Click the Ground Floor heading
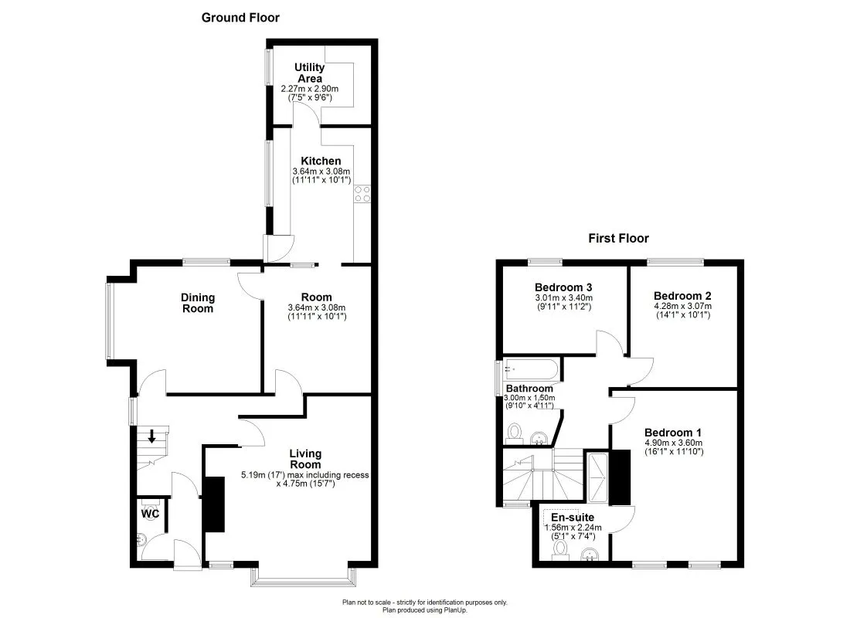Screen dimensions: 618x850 pyautogui.click(x=240, y=17)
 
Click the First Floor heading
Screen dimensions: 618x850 pyautogui.click(x=618, y=239)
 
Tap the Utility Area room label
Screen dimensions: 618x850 pyautogui.click(x=310, y=73)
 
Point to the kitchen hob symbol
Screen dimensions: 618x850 pyautogui.click(x=362, y=194)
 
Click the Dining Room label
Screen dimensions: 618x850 pyautogui.click(x=198, y=303)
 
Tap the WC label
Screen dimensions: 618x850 pyautogui.click(x=150, y=513)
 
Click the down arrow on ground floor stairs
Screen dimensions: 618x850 pyautogui.click(x=152, y=436)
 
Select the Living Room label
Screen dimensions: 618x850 pyautogui.click(x=305, y=459)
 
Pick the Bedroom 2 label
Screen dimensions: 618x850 pyautogui.click(x=682, y=295)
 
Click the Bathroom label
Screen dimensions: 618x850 pyautogui.click(x=529, y=389)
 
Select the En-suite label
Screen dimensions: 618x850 pyautogui.click(x=573, y=517)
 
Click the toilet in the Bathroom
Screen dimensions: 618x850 pyautogui.click(x=515, y=431)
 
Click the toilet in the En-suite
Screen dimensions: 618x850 pyautogui.click(x=559, y=548)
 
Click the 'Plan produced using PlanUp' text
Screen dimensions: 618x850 pyautogui.click(x=425, y=610)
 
